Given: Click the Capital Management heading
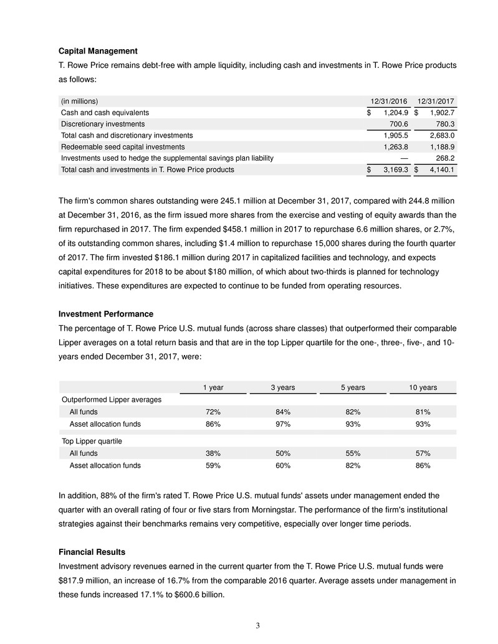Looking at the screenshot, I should click(x=98, y=50).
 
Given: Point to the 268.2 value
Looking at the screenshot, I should click(x=443, y=158).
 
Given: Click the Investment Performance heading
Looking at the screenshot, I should click(x=106, y=313).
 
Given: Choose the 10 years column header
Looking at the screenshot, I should click(x=423, y=387).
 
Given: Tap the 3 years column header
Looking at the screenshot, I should click(x=283, y=387).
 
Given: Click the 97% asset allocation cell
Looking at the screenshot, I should click(x=283, y=424).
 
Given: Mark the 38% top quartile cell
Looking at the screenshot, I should click(x=214, y=453).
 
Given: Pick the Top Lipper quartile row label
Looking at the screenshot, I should click(x=91, y=441).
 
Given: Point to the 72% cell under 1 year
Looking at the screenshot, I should click(x=214, y=412).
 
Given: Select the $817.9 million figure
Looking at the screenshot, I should click(x=77, y=580).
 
